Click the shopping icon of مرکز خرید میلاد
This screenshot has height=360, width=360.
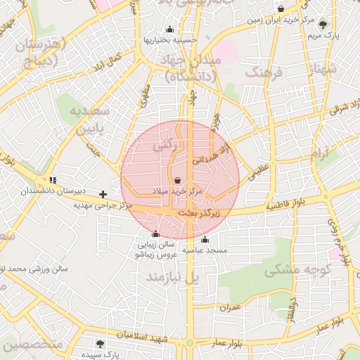pyautogui.click(x=176, y=181)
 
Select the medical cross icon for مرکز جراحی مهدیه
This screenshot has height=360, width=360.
pyautogui.click(x=103, y=193)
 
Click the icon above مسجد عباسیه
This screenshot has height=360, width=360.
pyautogui.click(x=205, y=240)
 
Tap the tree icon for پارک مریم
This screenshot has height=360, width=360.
pyautogui.click(x=323, y=23)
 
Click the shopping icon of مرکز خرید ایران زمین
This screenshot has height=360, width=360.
pyautogui.click(x=281, y=9)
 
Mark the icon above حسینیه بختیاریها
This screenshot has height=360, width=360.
pyautogui.click(x=169, y=30)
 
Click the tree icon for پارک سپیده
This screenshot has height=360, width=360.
pyautogui.click(x=100, y=344)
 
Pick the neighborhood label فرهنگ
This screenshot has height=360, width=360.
pyautogui.click(x=264, y=72)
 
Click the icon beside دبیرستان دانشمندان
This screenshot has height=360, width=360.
pyautogui.click(x=53, y=181)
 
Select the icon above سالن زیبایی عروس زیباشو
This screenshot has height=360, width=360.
pyautogui.click(x=155, y=234)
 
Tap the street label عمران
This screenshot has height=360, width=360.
pyautogui.click(x=229, y=308)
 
